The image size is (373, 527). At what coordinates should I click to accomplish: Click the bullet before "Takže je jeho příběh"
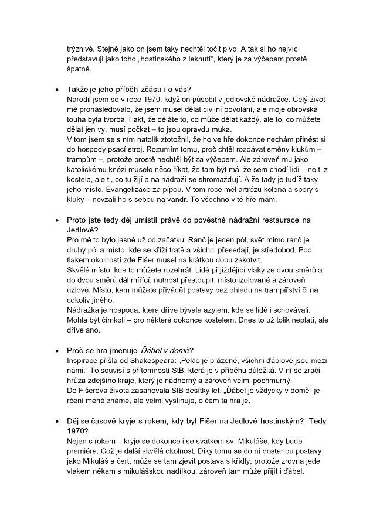pyautogui.click(x=56, y=90)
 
